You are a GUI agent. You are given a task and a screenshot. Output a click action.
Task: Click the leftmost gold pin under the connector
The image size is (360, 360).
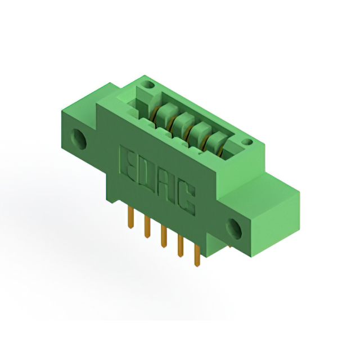(x=130, y=217)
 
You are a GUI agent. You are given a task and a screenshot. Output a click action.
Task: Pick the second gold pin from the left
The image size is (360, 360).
(x=147, y=226)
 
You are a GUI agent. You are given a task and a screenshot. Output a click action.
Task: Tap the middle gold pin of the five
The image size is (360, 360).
(x=164, y=236)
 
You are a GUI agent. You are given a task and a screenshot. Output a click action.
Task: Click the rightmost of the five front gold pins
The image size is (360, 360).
(x=197, y=255)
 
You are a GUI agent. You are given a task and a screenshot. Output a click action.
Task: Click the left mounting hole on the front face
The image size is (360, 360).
(x=79, y=138)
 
